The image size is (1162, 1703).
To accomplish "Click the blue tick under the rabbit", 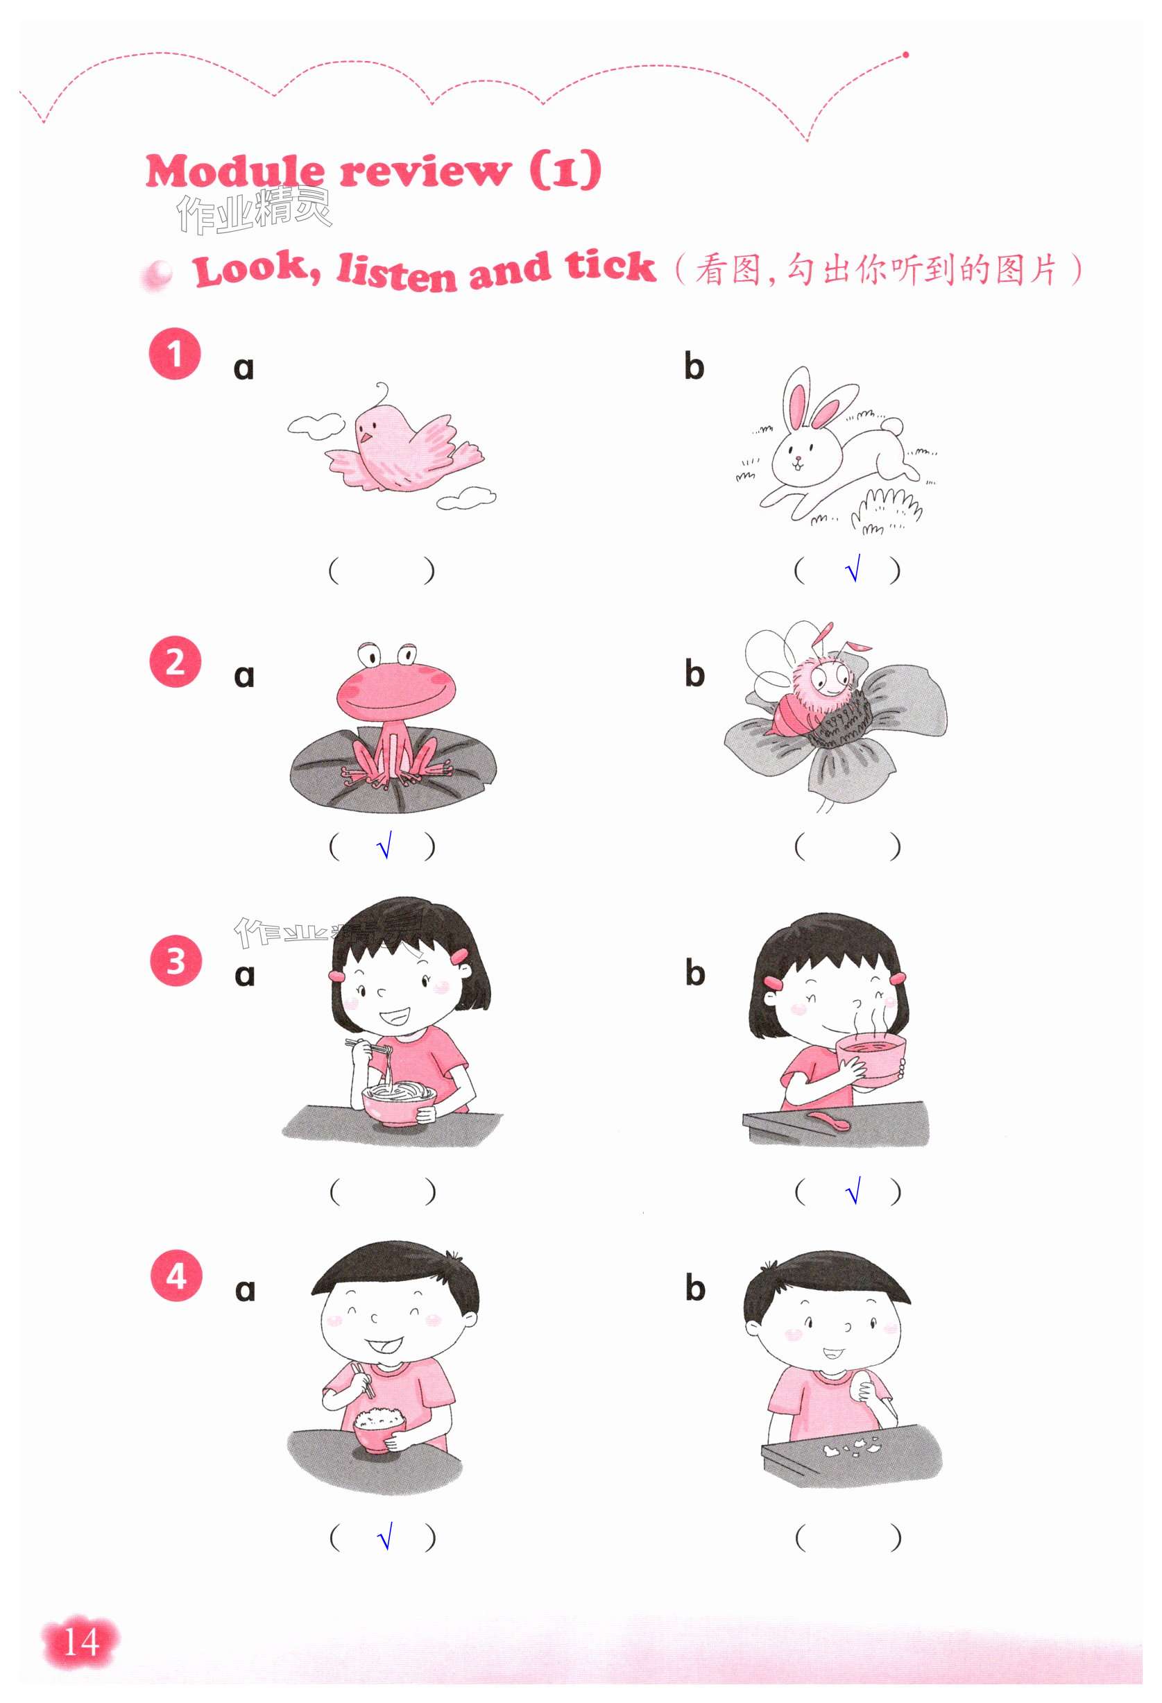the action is pos(851,569).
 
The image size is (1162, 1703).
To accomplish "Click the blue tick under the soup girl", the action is pos(852,1192).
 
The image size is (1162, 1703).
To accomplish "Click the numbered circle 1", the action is pos(174,354).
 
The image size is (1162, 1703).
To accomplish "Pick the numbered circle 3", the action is pos(175,960).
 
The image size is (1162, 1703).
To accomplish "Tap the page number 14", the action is pos(80,1642).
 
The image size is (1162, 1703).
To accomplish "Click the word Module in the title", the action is pos(234,173).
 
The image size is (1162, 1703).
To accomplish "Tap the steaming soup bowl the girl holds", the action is pos(871,1057).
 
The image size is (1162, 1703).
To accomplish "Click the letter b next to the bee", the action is pos(694,673).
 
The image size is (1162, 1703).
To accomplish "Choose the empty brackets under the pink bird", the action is pos(382,570).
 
